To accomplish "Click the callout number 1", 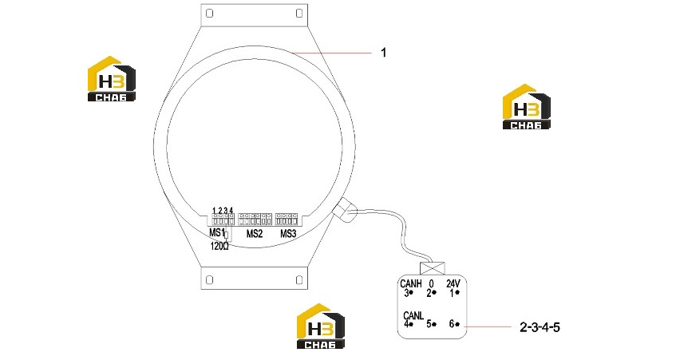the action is (383, 53).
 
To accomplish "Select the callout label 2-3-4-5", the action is (540, 327).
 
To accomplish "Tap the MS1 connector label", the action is (217, 233).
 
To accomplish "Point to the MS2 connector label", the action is (255, 234).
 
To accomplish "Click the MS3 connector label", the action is (288, 234).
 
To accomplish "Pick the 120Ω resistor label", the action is (219, 246).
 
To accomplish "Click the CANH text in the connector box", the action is (411, 283).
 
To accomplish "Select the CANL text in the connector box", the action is (413, 315).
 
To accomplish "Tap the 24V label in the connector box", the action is (453, 283).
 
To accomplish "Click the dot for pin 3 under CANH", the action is (411, 292).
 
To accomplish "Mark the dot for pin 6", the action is (457, 324).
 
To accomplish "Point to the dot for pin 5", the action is (434, 324).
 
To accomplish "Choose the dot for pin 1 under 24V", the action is (457, 292).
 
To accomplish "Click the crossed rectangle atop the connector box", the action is (433, 268).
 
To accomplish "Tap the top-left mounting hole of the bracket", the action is (210, 14).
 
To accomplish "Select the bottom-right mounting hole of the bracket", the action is (299, 280).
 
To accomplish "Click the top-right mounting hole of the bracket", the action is (299, 14).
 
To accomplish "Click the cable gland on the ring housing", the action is (345, 209).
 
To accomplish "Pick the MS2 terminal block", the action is (255, 219).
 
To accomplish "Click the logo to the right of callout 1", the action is (527, 107).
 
